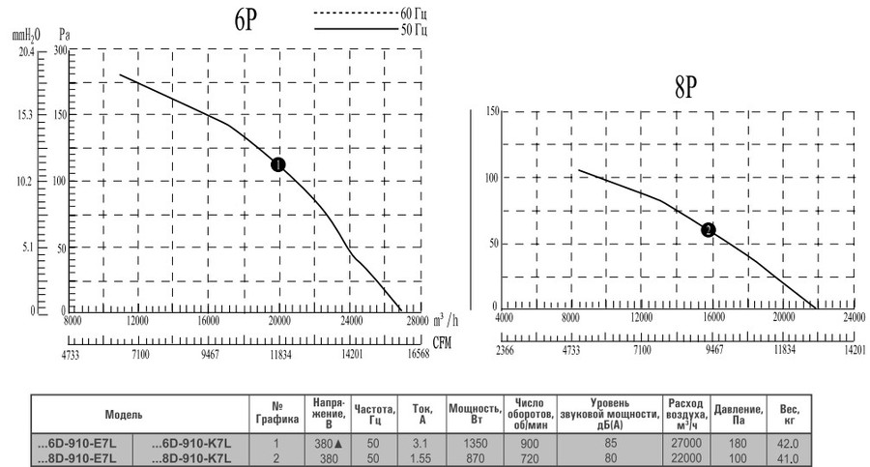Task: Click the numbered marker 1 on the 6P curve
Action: pyautogui.click(x=278, y=164)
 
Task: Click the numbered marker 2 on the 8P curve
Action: pyautogui.click(x=709, y=230)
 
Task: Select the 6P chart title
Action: pyautogui.click(x=245, y=22)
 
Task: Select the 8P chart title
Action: pyautogui.click(x=687, y=90)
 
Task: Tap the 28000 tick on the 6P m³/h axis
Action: pyautogui.click(x=417, y=321)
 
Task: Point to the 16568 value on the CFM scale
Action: pyautogui.click(x=418, y=356)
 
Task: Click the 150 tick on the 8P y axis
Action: pyautogui.click(x=492, y=112)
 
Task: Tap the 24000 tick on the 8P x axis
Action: pyautogui.click(x=854, y=317)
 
